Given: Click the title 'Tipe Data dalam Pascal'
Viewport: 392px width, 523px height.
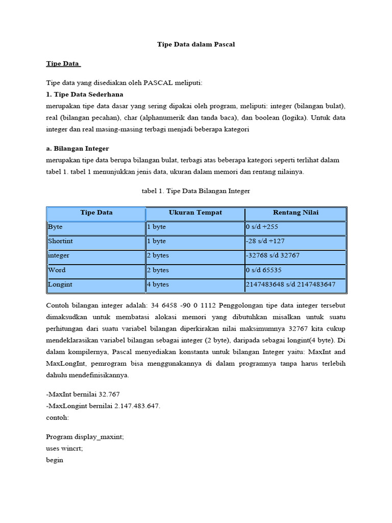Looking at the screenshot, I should click(x=196, y=44).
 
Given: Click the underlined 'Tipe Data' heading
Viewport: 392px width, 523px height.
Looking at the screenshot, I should click(x=63, y=64).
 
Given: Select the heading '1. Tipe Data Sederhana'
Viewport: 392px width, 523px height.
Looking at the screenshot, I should click(x=85, y=94).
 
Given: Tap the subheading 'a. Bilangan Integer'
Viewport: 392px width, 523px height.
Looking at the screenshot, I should click(x=78, y=148).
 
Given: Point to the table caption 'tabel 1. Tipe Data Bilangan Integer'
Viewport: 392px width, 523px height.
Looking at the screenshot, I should click(x=196, y=191).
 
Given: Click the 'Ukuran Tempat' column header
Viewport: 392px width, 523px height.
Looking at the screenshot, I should click(x=195, y=212).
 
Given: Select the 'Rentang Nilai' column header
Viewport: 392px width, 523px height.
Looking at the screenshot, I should click(x=296, y=212).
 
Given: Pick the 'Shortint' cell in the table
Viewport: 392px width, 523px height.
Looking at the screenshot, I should click(x=61, y=241).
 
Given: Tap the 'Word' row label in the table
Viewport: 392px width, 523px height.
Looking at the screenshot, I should click(x=57, y=270).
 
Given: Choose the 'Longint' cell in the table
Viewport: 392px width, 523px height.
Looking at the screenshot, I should click(x=60, y=284).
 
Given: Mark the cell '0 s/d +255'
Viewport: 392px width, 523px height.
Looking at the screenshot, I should click(x=263, y=227).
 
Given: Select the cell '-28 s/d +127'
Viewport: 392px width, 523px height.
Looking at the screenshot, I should click(x=266, y=241).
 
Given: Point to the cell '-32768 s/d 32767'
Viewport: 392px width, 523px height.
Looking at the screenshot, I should click(x=273, y=255).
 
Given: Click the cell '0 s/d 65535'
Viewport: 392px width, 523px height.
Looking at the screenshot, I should click(x=263, y=270).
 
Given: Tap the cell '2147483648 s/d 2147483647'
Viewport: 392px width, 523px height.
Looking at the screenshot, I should click(x=290, y=284).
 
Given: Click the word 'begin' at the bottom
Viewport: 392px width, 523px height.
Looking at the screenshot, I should click(x=55, y=460).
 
